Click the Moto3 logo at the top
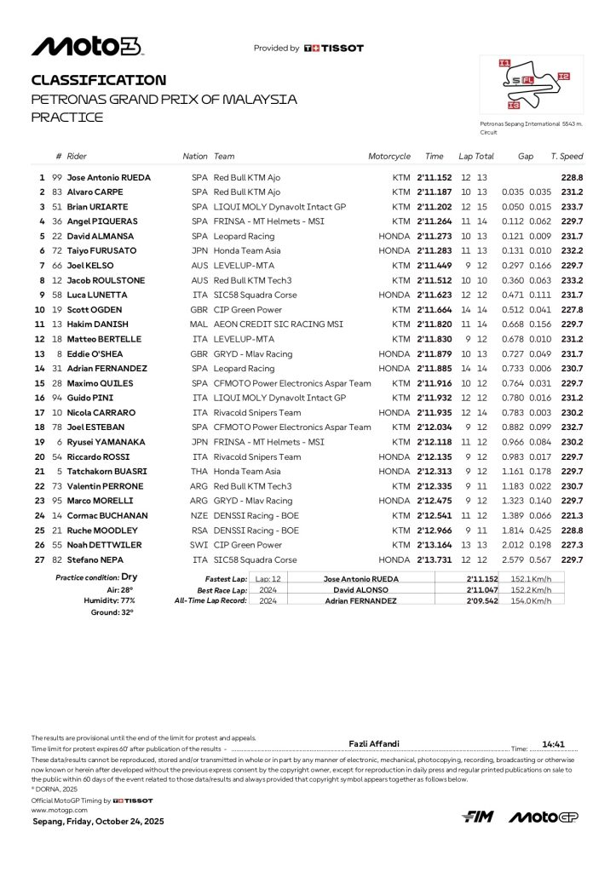point(86,47)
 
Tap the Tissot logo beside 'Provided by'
point(333,49)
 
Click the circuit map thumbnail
point(532,85)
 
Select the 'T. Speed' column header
point(567,157)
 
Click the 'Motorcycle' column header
point(389,157)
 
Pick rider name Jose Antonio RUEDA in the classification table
point(108,178)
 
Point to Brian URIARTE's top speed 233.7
point(572,207)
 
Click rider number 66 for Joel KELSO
point(57,266)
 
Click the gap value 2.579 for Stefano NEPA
point(513,559)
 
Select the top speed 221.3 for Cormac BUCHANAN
point(572,516)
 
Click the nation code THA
point(199,472)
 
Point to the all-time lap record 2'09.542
point(482,600)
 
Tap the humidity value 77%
point(127,600)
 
